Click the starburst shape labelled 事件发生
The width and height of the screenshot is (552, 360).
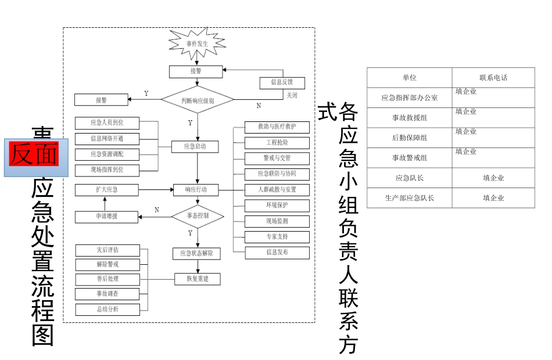tap(196, 44)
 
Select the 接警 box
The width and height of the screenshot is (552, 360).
tap(196, 71)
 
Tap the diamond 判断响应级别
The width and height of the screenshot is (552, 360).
tap(197, 100)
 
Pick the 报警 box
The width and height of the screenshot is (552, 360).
tap(101, 100)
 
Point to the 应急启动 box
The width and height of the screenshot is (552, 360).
tap(196, 146)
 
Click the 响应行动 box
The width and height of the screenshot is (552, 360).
tap(195, 189)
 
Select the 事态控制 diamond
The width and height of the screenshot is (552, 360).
tap(197, 215)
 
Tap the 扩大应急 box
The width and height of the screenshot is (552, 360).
tap(106, 190)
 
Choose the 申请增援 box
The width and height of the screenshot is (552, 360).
tap(106, 217)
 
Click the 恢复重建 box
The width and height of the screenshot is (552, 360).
tap(199, 279)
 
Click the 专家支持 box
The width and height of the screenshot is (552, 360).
tap(277, 237)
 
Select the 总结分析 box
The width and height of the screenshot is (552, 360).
tap(107, 309)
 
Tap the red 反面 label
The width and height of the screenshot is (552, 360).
tap(33, 154)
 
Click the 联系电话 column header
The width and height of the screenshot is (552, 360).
tap(493, 78)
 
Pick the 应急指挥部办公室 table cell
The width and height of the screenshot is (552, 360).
tap(409, 98)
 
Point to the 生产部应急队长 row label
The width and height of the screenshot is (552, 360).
tap(409, 198)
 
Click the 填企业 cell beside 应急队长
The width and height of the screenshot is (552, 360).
tap(493, 178)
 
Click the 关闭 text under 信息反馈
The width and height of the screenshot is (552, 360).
tap(291, 95)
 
